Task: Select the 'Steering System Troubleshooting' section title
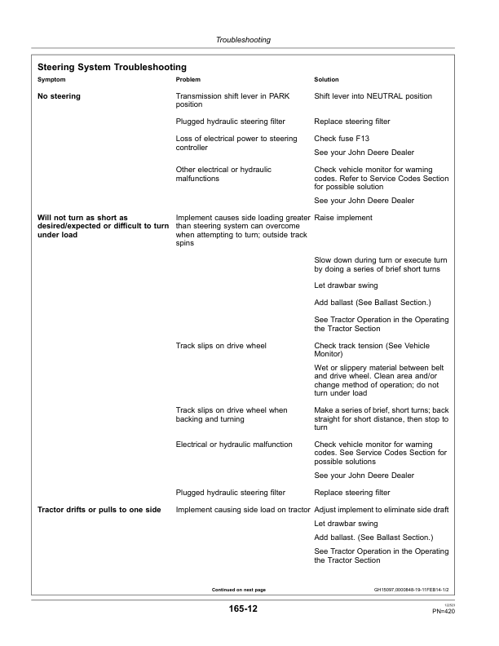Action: [113, 66]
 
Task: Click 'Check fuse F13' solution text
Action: [342, 139]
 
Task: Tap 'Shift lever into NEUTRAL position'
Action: [373, 96]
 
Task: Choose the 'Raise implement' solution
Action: [343, 218]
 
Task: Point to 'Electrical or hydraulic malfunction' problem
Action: [234, 445]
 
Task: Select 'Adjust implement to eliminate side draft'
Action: [381, 510]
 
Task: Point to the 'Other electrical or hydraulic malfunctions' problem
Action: [224, 174]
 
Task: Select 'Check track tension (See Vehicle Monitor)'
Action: [371, 350]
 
